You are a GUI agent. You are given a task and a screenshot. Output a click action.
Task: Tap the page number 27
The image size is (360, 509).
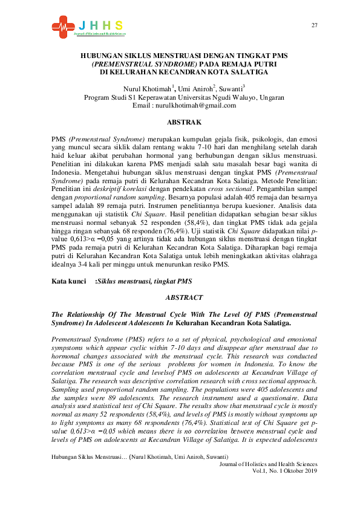pyautogui.click(x=314, y=25)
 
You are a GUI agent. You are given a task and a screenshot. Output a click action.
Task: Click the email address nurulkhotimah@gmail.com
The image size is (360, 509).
pyautogui.click(x=184, y=105)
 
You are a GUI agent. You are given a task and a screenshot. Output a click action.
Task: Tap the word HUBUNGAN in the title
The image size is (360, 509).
pyautogui.click(x=101, y=56)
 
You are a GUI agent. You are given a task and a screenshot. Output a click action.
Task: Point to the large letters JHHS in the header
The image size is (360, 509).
pyautogui.click(x=100, y=25)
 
